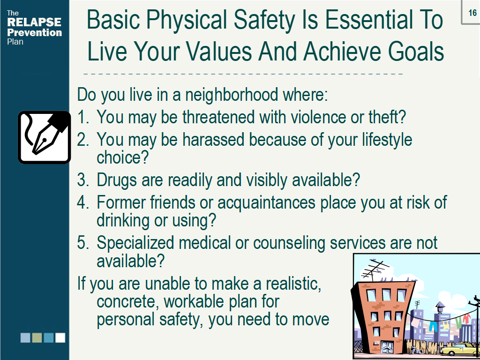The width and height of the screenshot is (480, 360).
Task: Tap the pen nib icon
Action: (x=44, y=137)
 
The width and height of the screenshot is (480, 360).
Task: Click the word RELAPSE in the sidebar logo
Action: (x=34, y=22)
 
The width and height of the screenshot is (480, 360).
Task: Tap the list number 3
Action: (x=82, y=180)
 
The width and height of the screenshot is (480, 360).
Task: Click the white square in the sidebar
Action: (x=60, y=337)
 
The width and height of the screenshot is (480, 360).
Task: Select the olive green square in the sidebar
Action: (x=37, y=337)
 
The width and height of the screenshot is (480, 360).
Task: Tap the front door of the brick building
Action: (x=387, y=347)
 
